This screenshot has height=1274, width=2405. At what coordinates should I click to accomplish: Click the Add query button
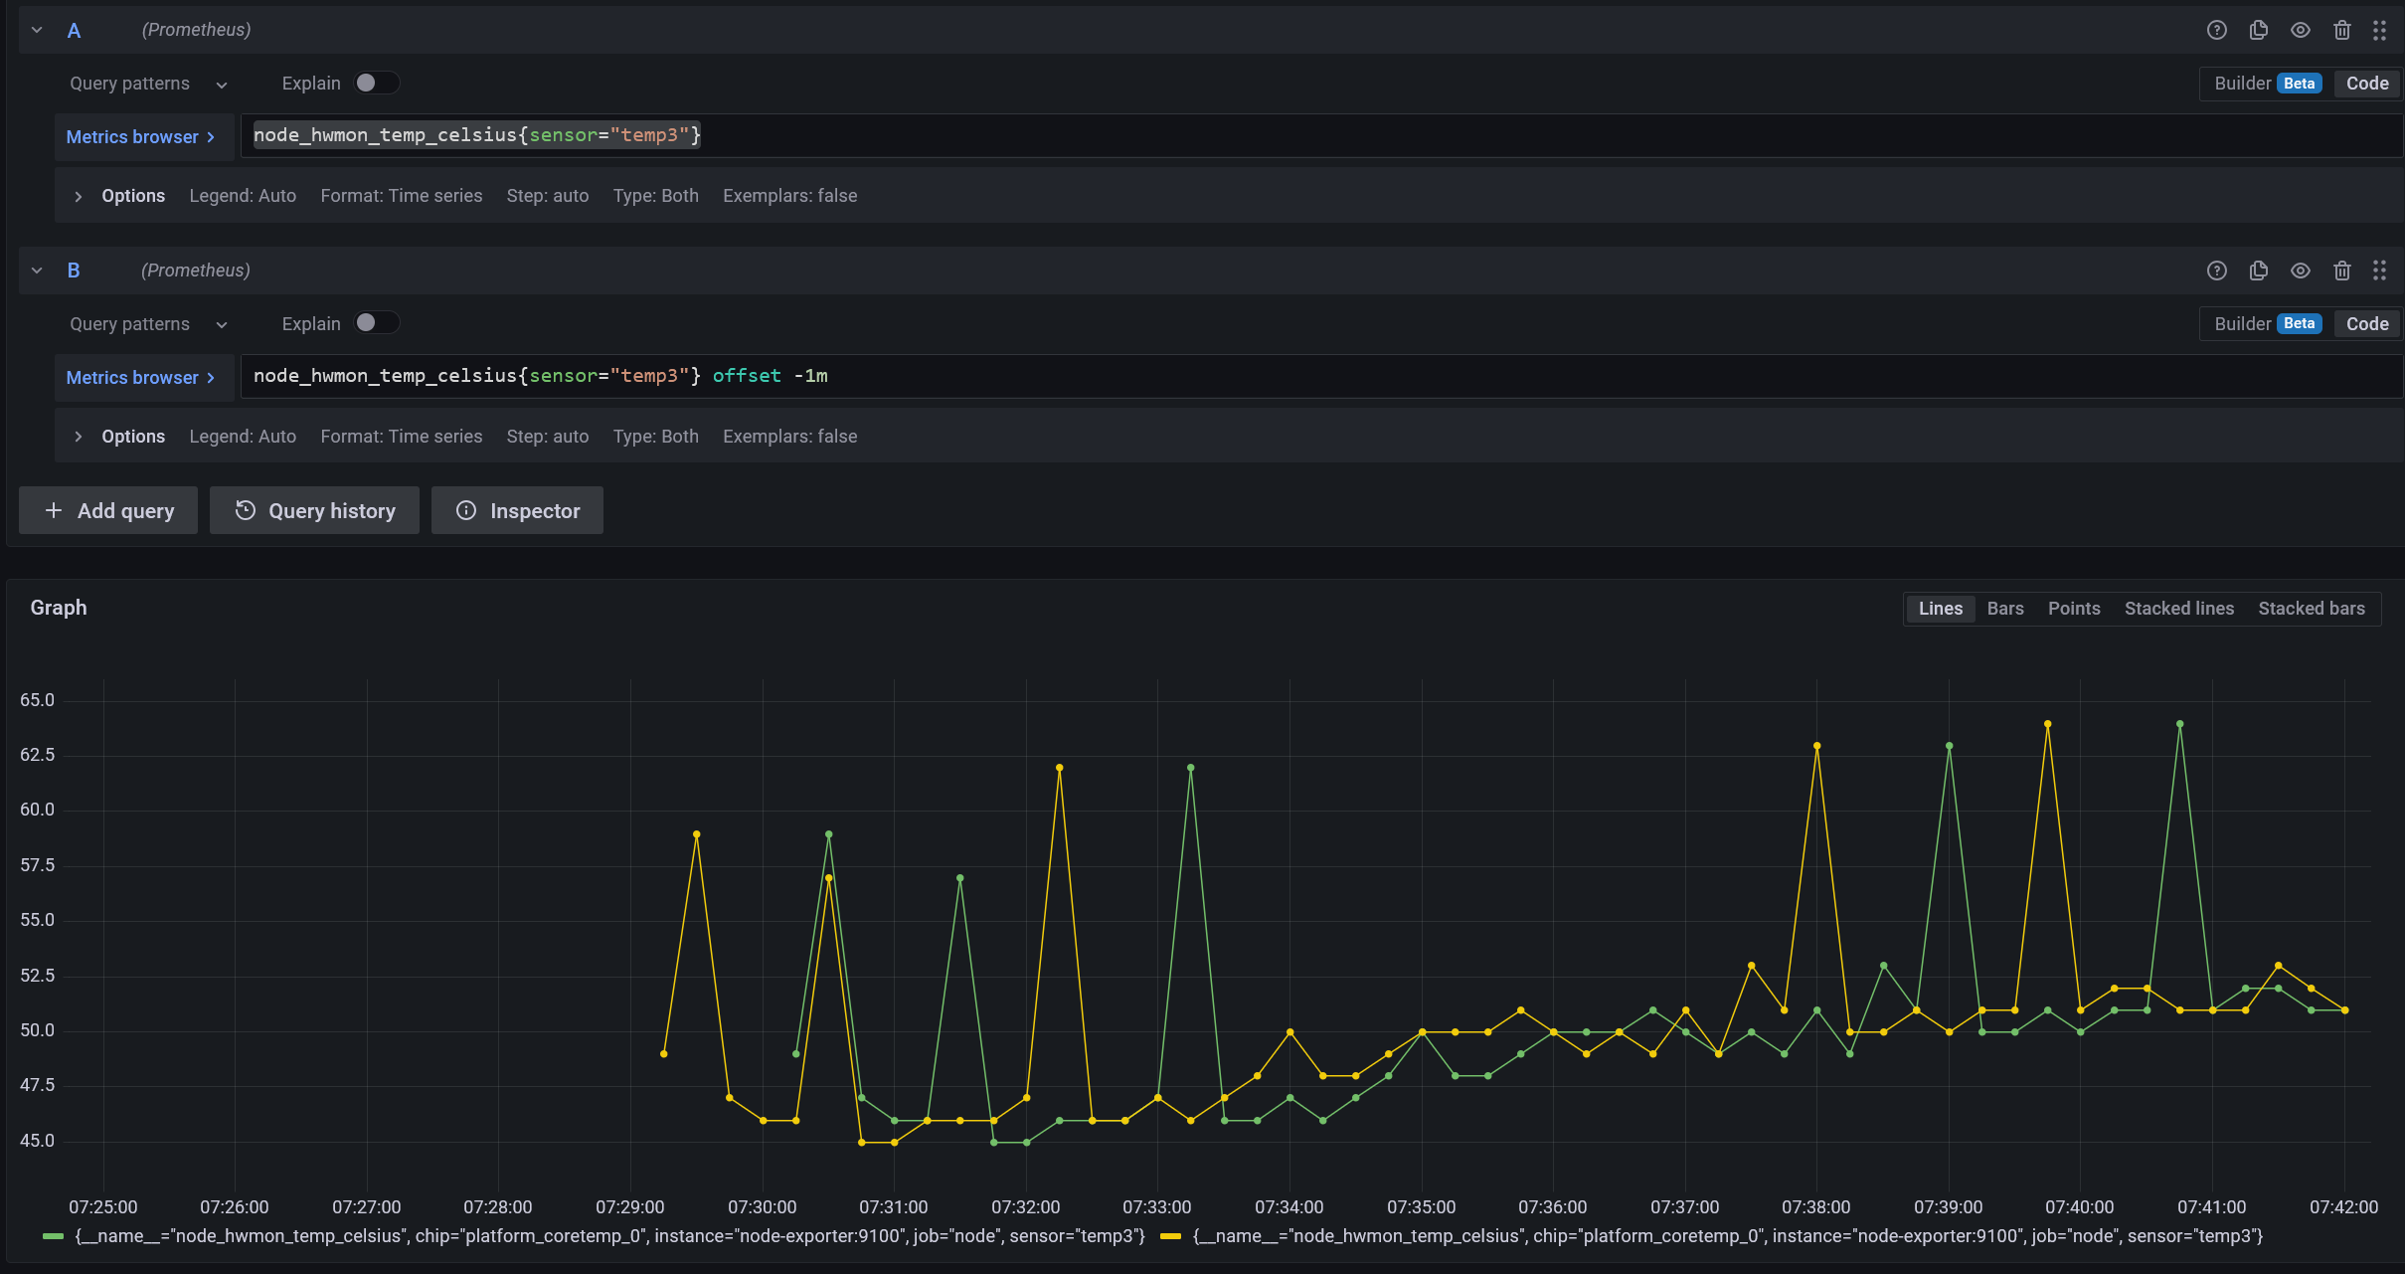click(x=108, y=510)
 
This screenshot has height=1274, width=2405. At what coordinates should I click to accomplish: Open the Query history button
click(x=315, y=510)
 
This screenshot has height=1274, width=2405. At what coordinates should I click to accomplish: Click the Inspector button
click(x=517, y=510)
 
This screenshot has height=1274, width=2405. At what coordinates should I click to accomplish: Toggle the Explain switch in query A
click(x=376, y=84)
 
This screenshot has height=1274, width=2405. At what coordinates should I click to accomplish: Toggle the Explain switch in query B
click(x=376, y=323)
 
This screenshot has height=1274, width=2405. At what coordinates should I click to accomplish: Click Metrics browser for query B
click(x=140, y=378)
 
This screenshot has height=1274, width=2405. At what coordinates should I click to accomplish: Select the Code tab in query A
click(x=2366, y=84)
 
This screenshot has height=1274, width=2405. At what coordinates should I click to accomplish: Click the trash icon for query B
click(x=2341, y=271)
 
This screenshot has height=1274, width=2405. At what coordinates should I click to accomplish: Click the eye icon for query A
click(x=2300, y=30)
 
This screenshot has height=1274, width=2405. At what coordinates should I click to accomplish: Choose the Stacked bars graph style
click(x=2311, y=609)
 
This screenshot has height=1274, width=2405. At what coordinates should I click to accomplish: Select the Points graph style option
click(x=2073, y=609)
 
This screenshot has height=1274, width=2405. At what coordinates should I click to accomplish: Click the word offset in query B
click(x=747, y=376)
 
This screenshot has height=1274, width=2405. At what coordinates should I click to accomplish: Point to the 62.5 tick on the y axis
click(x=38, y=755)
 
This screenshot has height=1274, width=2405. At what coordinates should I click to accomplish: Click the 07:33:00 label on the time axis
click(x=1156, y=1206)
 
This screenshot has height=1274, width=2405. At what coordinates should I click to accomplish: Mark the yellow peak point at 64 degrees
click(x=2047, y=724)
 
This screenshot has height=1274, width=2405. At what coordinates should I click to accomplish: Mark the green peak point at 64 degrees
click(x=2179, y=724)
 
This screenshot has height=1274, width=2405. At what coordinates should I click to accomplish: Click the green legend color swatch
click(x=54, y=1236)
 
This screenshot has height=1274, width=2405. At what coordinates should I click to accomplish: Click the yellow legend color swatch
click(x=1170, y=1236)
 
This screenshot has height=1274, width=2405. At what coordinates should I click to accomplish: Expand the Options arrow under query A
click(x=79, y=196)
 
